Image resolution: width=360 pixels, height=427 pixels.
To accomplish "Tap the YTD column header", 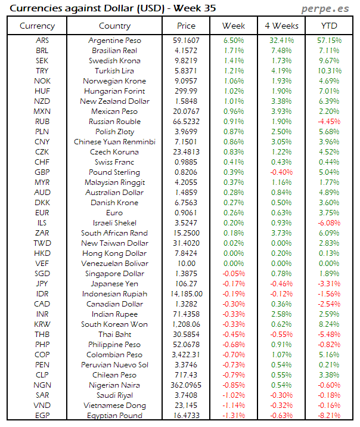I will (328, 26).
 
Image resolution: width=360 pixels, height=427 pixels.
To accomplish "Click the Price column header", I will (186, 26).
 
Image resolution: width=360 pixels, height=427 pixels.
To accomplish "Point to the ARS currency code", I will (42, 41).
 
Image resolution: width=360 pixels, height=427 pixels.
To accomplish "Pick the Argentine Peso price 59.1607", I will (186, 41).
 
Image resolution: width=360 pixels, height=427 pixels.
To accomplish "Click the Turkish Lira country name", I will (114, 71).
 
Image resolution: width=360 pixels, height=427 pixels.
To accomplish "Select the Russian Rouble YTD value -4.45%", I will (328, 122).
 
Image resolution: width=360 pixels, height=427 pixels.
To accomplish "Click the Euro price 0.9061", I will (186, 213).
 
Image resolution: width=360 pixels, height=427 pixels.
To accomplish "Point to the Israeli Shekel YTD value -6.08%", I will (328, 223).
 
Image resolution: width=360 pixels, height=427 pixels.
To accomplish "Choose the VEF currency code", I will (42, 264).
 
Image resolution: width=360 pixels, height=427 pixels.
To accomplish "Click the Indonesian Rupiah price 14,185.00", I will (186, 294).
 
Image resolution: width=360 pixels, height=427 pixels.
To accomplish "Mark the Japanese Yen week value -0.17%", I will (233, 284).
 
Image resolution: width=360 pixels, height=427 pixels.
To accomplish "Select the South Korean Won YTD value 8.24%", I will (328, 324).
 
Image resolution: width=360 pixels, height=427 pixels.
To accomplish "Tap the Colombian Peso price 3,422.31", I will (186, 355).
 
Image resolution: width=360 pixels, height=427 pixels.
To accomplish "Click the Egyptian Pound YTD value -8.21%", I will (328, 416).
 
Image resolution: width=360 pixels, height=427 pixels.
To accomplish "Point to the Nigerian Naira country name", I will (114, 385).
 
